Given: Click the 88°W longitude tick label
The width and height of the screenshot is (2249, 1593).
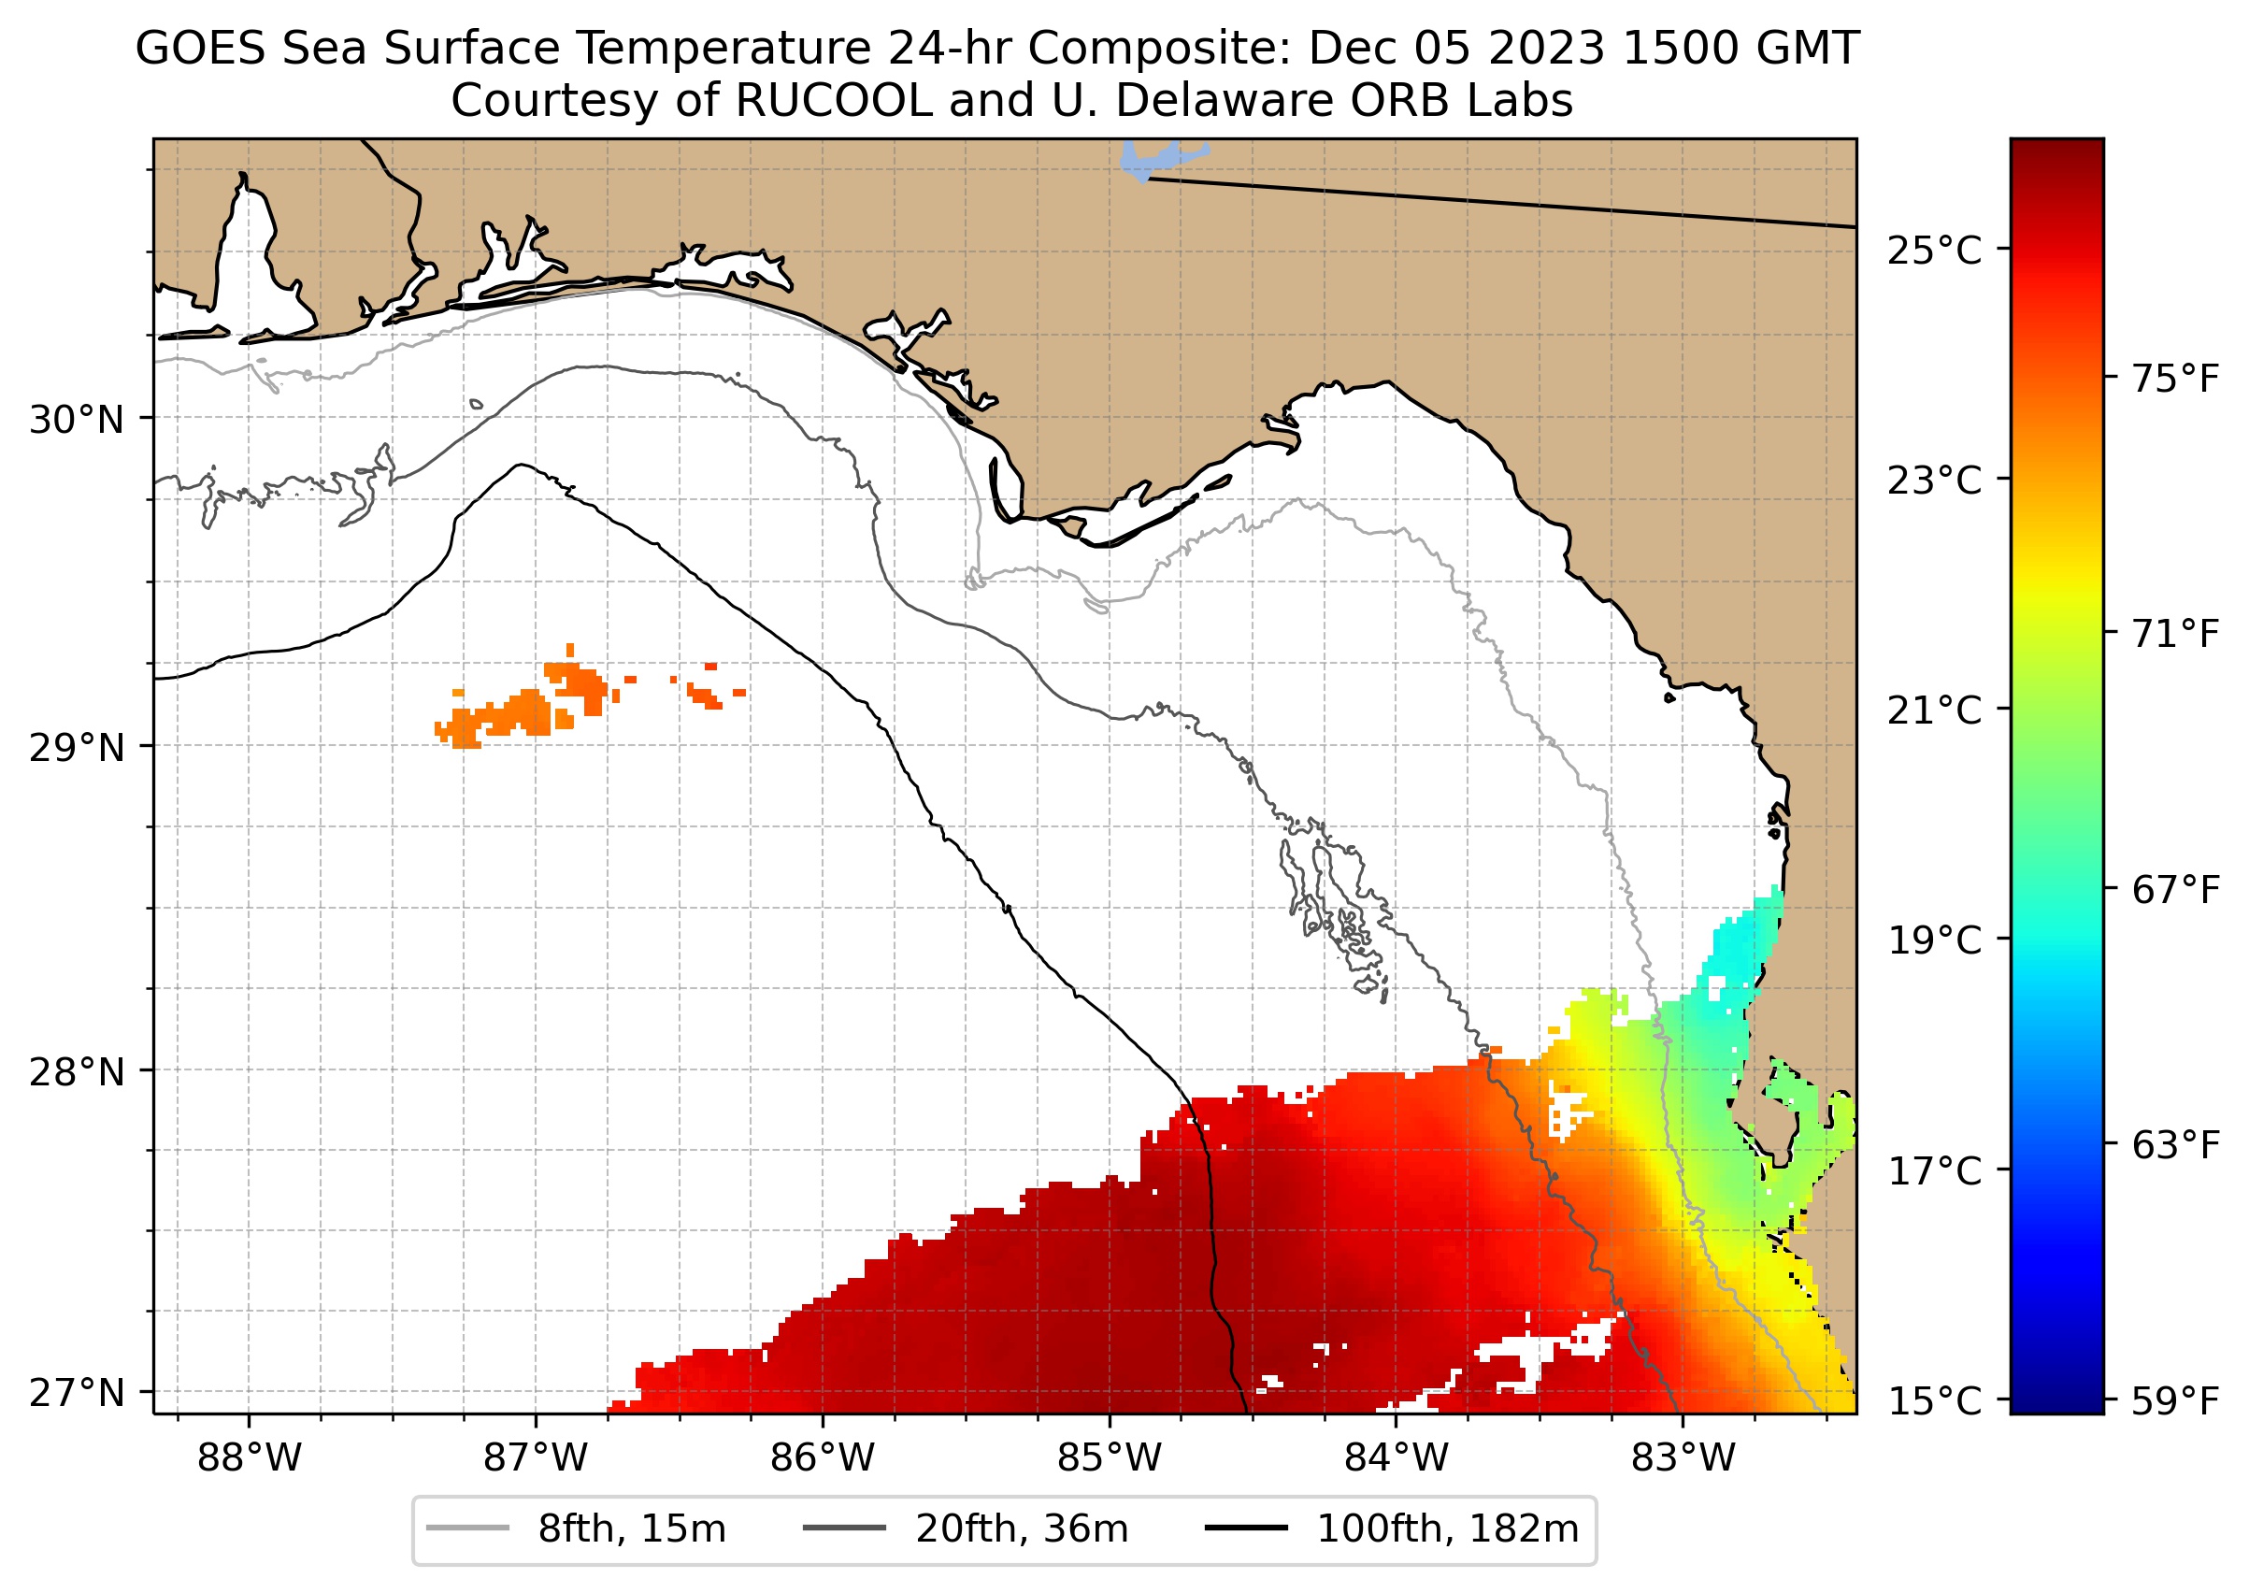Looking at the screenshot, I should (x=250, y=1458).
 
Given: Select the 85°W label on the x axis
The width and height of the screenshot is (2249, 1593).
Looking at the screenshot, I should (x=1110, y=1458).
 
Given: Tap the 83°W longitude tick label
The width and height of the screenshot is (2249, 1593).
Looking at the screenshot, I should (x=1683, y=1458).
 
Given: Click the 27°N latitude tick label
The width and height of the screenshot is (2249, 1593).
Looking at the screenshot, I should (x=77, y=1393).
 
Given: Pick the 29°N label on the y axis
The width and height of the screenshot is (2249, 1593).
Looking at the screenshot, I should (x=77, y=749).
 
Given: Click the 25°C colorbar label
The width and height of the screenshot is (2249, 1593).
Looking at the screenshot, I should (x=1934, y=251).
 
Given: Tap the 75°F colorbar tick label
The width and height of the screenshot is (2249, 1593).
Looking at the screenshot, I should (x=2174, y=379).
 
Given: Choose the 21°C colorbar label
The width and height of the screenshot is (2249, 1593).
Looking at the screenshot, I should (x=1934, y=710).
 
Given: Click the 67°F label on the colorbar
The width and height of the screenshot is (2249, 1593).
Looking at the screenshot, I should (x=2174, y=891).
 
